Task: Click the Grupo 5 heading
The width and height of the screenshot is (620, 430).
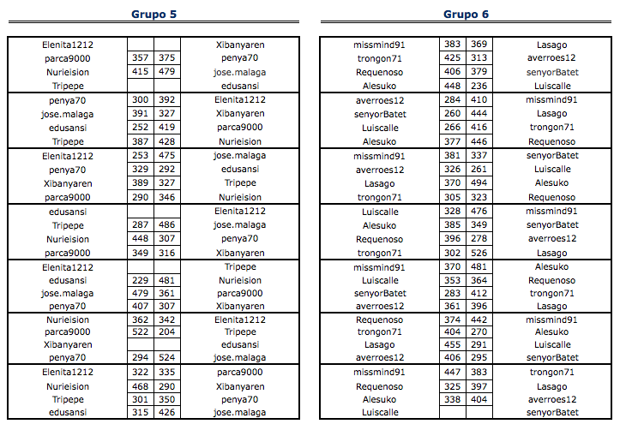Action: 154,14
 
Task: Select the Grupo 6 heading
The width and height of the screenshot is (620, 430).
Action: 467,14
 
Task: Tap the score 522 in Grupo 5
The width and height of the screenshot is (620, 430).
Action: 141,331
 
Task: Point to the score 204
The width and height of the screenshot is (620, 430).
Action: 166,331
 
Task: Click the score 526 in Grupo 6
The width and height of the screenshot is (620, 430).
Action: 479,253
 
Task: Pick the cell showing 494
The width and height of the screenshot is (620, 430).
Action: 479,183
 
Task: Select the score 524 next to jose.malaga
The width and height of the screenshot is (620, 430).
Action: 166,357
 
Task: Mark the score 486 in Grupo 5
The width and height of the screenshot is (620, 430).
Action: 166,224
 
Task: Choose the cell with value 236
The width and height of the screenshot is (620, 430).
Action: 479,86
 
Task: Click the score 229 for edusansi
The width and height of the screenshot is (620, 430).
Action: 141,280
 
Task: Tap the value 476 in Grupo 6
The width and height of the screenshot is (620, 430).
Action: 479,211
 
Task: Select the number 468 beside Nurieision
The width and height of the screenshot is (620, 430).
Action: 141,386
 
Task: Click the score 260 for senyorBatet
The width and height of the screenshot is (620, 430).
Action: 453,113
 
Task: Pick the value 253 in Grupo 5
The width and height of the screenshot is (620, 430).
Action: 141,156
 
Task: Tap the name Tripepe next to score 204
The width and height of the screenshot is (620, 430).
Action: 240,331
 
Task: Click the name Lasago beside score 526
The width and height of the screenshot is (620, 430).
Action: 551,253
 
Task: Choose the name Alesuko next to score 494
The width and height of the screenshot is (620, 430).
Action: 551,183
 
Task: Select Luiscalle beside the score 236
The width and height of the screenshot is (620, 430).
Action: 551,86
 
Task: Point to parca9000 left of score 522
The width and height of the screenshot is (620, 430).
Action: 68,331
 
